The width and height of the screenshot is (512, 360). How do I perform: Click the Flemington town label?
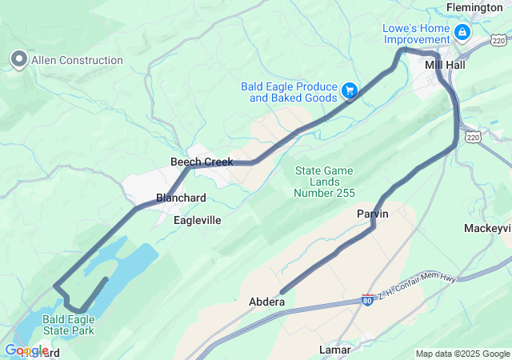tap(475, 7)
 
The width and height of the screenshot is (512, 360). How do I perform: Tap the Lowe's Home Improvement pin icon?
tap(462, 33)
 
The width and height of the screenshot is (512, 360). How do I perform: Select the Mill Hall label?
tap(445, 65)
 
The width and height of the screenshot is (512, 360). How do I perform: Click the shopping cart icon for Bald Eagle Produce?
tap(350, 91)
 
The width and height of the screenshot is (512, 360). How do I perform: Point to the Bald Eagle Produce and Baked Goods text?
tap(290, 92)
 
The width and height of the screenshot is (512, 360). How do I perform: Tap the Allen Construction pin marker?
tap(18, 59)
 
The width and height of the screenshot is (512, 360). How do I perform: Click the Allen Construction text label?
tap(77, 60)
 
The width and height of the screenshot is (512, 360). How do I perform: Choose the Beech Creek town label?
tap(202, 162)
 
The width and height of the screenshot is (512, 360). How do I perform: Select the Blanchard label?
tap(181, 198)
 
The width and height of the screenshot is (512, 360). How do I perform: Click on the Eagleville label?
tap(198, 219)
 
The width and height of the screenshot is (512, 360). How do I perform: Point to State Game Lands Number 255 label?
tap(325, 182)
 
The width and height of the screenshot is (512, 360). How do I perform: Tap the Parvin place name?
tap(372, 214)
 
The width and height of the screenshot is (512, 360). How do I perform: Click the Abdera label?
tap(266, 302)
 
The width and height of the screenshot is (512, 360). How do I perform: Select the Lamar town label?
tap(335, 350)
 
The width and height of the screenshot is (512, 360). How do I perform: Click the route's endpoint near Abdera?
tap(282, 292)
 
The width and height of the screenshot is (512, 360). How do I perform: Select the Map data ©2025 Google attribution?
tap(462, 354)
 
